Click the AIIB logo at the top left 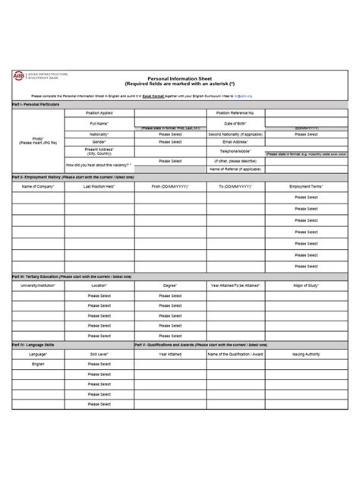[17, 76]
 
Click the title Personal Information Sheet [179, 77]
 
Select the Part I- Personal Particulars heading [38, 104]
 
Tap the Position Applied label [99, 112]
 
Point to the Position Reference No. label [240, 112]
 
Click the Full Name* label [99, 122]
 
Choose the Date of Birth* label [240, 122]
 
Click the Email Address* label [240, 141]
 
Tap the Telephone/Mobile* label [240, 151]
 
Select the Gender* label [99, 141]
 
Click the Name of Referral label [240, 169]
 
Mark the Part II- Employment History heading [72, 176]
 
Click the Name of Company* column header [37, 186]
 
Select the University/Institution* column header [37, 286]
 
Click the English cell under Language [37, 364]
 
